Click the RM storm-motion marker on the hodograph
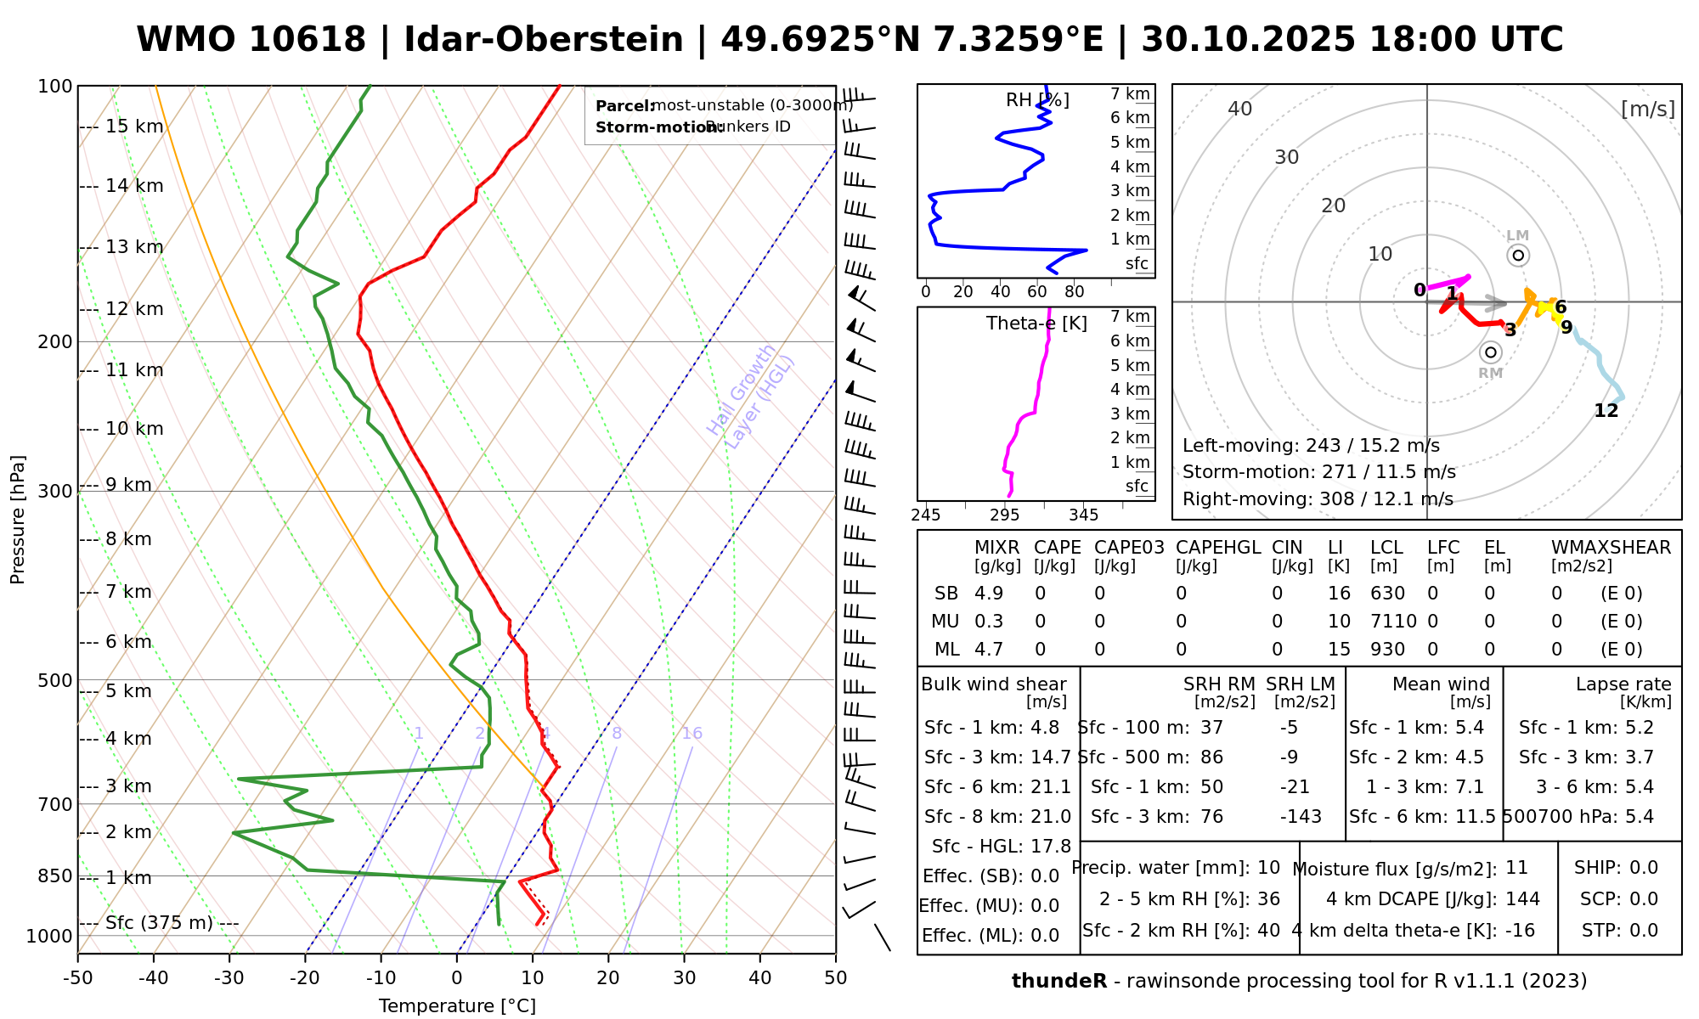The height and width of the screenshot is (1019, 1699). coord(1490,352)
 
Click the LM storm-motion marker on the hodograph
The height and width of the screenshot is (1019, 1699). coord(1518,255)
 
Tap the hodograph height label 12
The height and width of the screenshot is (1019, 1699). coord(1606,411)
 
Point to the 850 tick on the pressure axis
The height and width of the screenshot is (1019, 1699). coord(55,875)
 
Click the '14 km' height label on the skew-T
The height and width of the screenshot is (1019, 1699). coord(133,186)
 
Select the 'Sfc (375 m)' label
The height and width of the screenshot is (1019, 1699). coord(159,922)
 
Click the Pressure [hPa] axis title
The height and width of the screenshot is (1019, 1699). coord(18,520)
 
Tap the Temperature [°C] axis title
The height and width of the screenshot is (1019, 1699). coord(457,1006)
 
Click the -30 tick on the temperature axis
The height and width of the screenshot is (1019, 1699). coord(229,977)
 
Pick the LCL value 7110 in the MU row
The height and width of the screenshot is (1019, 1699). coord(1393,622)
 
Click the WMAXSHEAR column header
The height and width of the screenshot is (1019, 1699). coord(1611,548)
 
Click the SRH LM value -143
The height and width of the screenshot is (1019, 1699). coord(1301,817)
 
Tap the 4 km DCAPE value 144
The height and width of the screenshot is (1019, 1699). coord(1521,898)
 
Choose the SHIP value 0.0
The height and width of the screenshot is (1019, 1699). coord(1644,868)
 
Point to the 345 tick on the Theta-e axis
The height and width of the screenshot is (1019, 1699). coord(1083,515)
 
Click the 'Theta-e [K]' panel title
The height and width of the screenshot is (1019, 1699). coord(1036,324)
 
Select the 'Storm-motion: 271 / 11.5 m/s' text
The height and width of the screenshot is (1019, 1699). coord(1318,472)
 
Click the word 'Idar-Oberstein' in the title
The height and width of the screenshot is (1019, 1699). coord(544,40)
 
